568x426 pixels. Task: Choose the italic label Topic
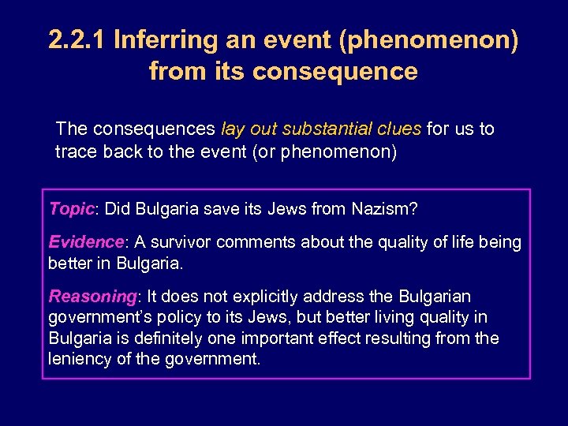point(71,208)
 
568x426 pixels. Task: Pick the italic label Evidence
point(86,242)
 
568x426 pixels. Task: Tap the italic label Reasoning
point(93,297)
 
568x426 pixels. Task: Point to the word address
point(340,297)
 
